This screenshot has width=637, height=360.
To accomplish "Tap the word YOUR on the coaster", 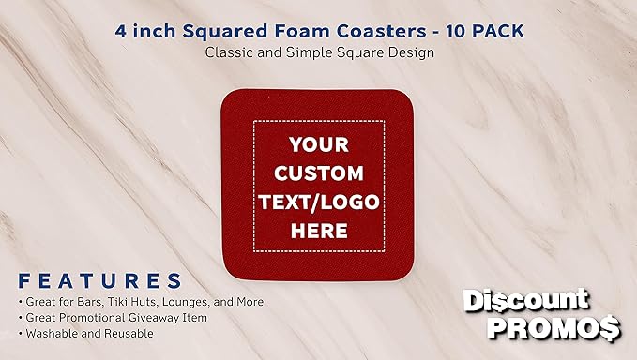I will pos(318,145).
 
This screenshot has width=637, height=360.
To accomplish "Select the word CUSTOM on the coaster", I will pos(318,173).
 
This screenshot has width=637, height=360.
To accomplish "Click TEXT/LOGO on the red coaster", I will pos(318,202).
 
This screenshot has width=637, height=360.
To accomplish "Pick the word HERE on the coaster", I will pos(318,231).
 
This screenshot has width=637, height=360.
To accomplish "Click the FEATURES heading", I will pos(99,280).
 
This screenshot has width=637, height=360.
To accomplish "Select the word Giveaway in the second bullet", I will pos(151,317).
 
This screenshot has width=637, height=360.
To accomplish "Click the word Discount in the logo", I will pos(526,301).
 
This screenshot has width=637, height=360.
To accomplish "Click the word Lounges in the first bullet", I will pos(187,302).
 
